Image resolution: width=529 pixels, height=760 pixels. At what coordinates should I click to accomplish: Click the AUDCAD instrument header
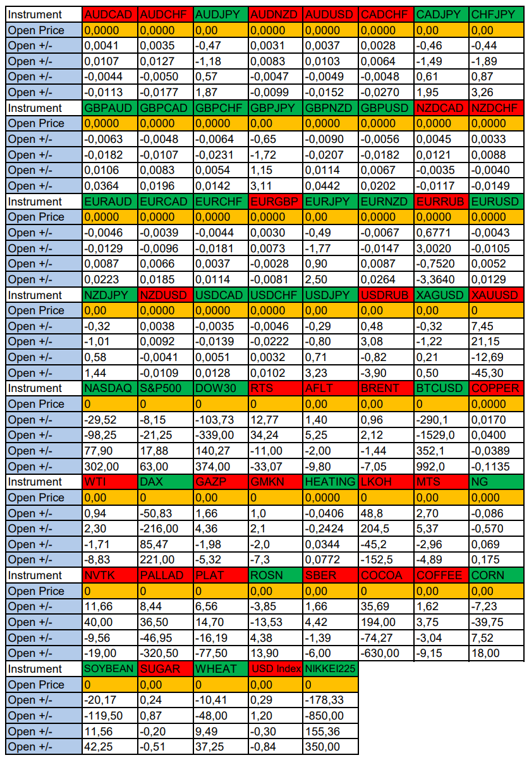[x=109, y=15]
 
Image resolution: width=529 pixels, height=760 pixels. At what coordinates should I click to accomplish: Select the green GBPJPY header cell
[x=275, y=108]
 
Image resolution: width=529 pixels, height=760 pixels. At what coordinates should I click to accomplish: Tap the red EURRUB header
[x=441, y=202]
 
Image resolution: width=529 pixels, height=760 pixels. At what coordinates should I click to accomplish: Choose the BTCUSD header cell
[x=441, y=388]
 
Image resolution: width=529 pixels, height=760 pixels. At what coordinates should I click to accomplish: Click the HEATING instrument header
[x=331, y=482]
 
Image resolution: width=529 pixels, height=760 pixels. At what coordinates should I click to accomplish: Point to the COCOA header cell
[x=386, y=575]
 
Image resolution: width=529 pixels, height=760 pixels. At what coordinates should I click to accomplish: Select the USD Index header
[x=275, y=669]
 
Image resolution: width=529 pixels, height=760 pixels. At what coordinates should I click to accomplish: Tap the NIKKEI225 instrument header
[x=331, y=669]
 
